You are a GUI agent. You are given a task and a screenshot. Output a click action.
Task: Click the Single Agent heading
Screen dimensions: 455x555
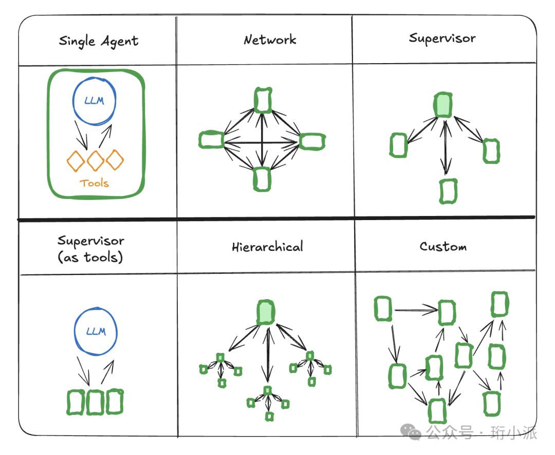tap(99, 41)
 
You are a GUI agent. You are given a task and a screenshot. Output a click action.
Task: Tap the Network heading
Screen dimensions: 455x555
tap(270, 39)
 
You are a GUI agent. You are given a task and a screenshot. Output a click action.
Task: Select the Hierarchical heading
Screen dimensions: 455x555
tap(267, 247)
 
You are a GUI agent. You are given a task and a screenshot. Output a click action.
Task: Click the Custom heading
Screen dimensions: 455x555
tap(443, 246)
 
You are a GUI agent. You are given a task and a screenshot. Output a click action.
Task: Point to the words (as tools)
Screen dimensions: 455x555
tap(91, 256)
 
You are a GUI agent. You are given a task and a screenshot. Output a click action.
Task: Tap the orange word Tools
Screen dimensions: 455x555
tap(95, 183)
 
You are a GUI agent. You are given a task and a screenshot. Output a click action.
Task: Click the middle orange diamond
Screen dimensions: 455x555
tap(96, 161)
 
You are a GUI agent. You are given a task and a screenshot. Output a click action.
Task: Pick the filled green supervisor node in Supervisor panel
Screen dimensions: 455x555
tap(443, 105)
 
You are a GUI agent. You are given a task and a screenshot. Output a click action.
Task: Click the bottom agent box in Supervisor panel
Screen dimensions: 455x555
tap(448, 191)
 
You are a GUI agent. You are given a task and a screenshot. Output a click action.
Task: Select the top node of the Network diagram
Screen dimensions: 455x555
tap(263, 100)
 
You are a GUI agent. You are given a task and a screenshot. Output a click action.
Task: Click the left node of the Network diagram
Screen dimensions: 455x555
tap(211, 140)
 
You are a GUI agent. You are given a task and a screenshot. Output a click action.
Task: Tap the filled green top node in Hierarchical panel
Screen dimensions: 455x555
tap(266, 312)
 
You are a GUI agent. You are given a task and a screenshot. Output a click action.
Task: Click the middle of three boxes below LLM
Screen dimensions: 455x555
tap(96, 403)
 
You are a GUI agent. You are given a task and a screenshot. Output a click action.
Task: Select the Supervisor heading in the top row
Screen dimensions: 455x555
tap(442, 38)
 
